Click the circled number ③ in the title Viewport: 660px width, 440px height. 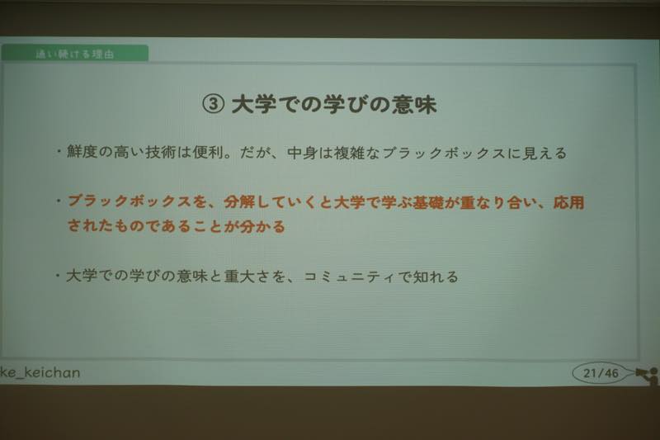[x=213, y=104]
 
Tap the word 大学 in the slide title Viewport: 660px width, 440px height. [x=253, y=104]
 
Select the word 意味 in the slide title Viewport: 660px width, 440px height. [x=414, y=104]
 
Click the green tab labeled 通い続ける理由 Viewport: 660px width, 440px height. [x=74, y=53]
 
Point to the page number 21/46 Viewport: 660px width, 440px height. [x=601, y=372]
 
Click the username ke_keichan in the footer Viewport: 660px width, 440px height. [x=40, y=372]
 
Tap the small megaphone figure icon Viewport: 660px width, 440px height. [x=648, y=376]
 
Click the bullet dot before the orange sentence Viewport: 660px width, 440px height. [x=59, y=201]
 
